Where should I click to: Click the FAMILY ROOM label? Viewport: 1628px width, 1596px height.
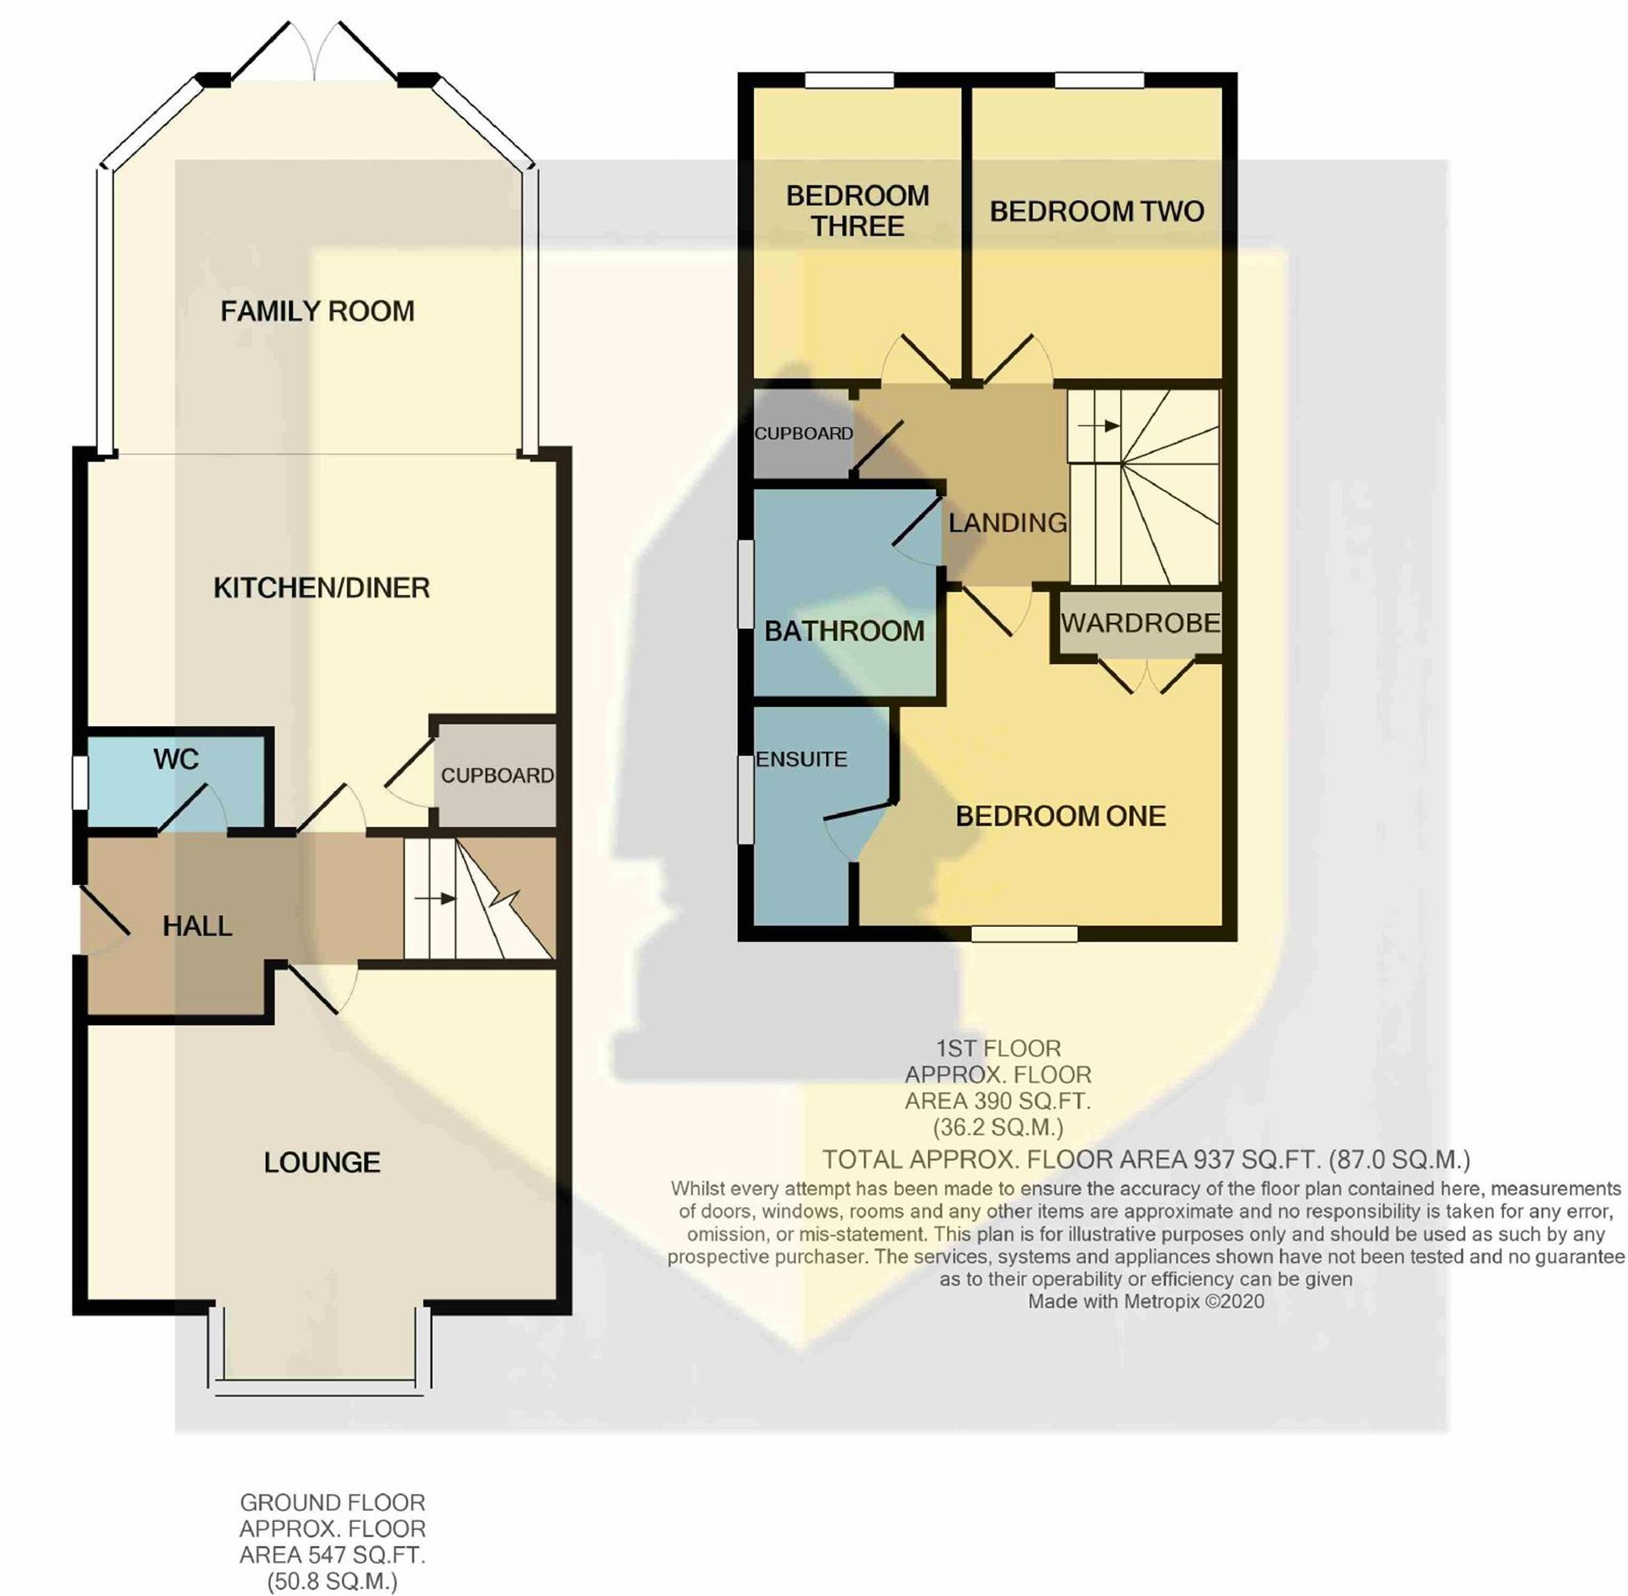click(x=317, y=312)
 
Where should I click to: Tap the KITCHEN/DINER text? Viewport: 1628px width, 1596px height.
click(x=322, y=589)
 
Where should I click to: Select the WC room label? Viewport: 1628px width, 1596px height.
click(x=176, y=760)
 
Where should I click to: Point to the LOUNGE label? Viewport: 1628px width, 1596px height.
click(x=322, y=1163)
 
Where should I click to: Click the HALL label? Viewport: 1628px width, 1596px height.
click(x=197, y=926)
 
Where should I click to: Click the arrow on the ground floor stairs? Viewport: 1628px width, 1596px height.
click(x=436, y=900)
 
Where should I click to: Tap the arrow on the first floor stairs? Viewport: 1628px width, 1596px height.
click(x=1099, y=426)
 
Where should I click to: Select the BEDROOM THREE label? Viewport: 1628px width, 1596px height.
click(x=858, y=211)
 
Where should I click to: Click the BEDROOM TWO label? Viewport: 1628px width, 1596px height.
click(x=1097, y=211)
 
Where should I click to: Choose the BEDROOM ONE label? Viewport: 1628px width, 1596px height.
click(x=1060, y=816)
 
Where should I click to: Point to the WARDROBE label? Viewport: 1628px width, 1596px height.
click(x=1140, y=623)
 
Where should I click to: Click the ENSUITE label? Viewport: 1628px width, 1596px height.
click(x=802, y=760)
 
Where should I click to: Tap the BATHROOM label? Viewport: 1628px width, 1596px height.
click(x=844, y=631)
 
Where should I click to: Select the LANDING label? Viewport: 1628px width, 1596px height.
click(x=1007, y=523)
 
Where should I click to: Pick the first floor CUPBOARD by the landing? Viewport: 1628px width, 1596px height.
click(x=803, y=433)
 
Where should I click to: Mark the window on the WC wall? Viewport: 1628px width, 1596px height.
click(x=80, y=783)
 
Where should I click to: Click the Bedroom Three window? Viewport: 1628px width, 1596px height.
click(x=849, y=80)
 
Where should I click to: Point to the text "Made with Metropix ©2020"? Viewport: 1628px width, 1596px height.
click(x=1146, y=1302)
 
